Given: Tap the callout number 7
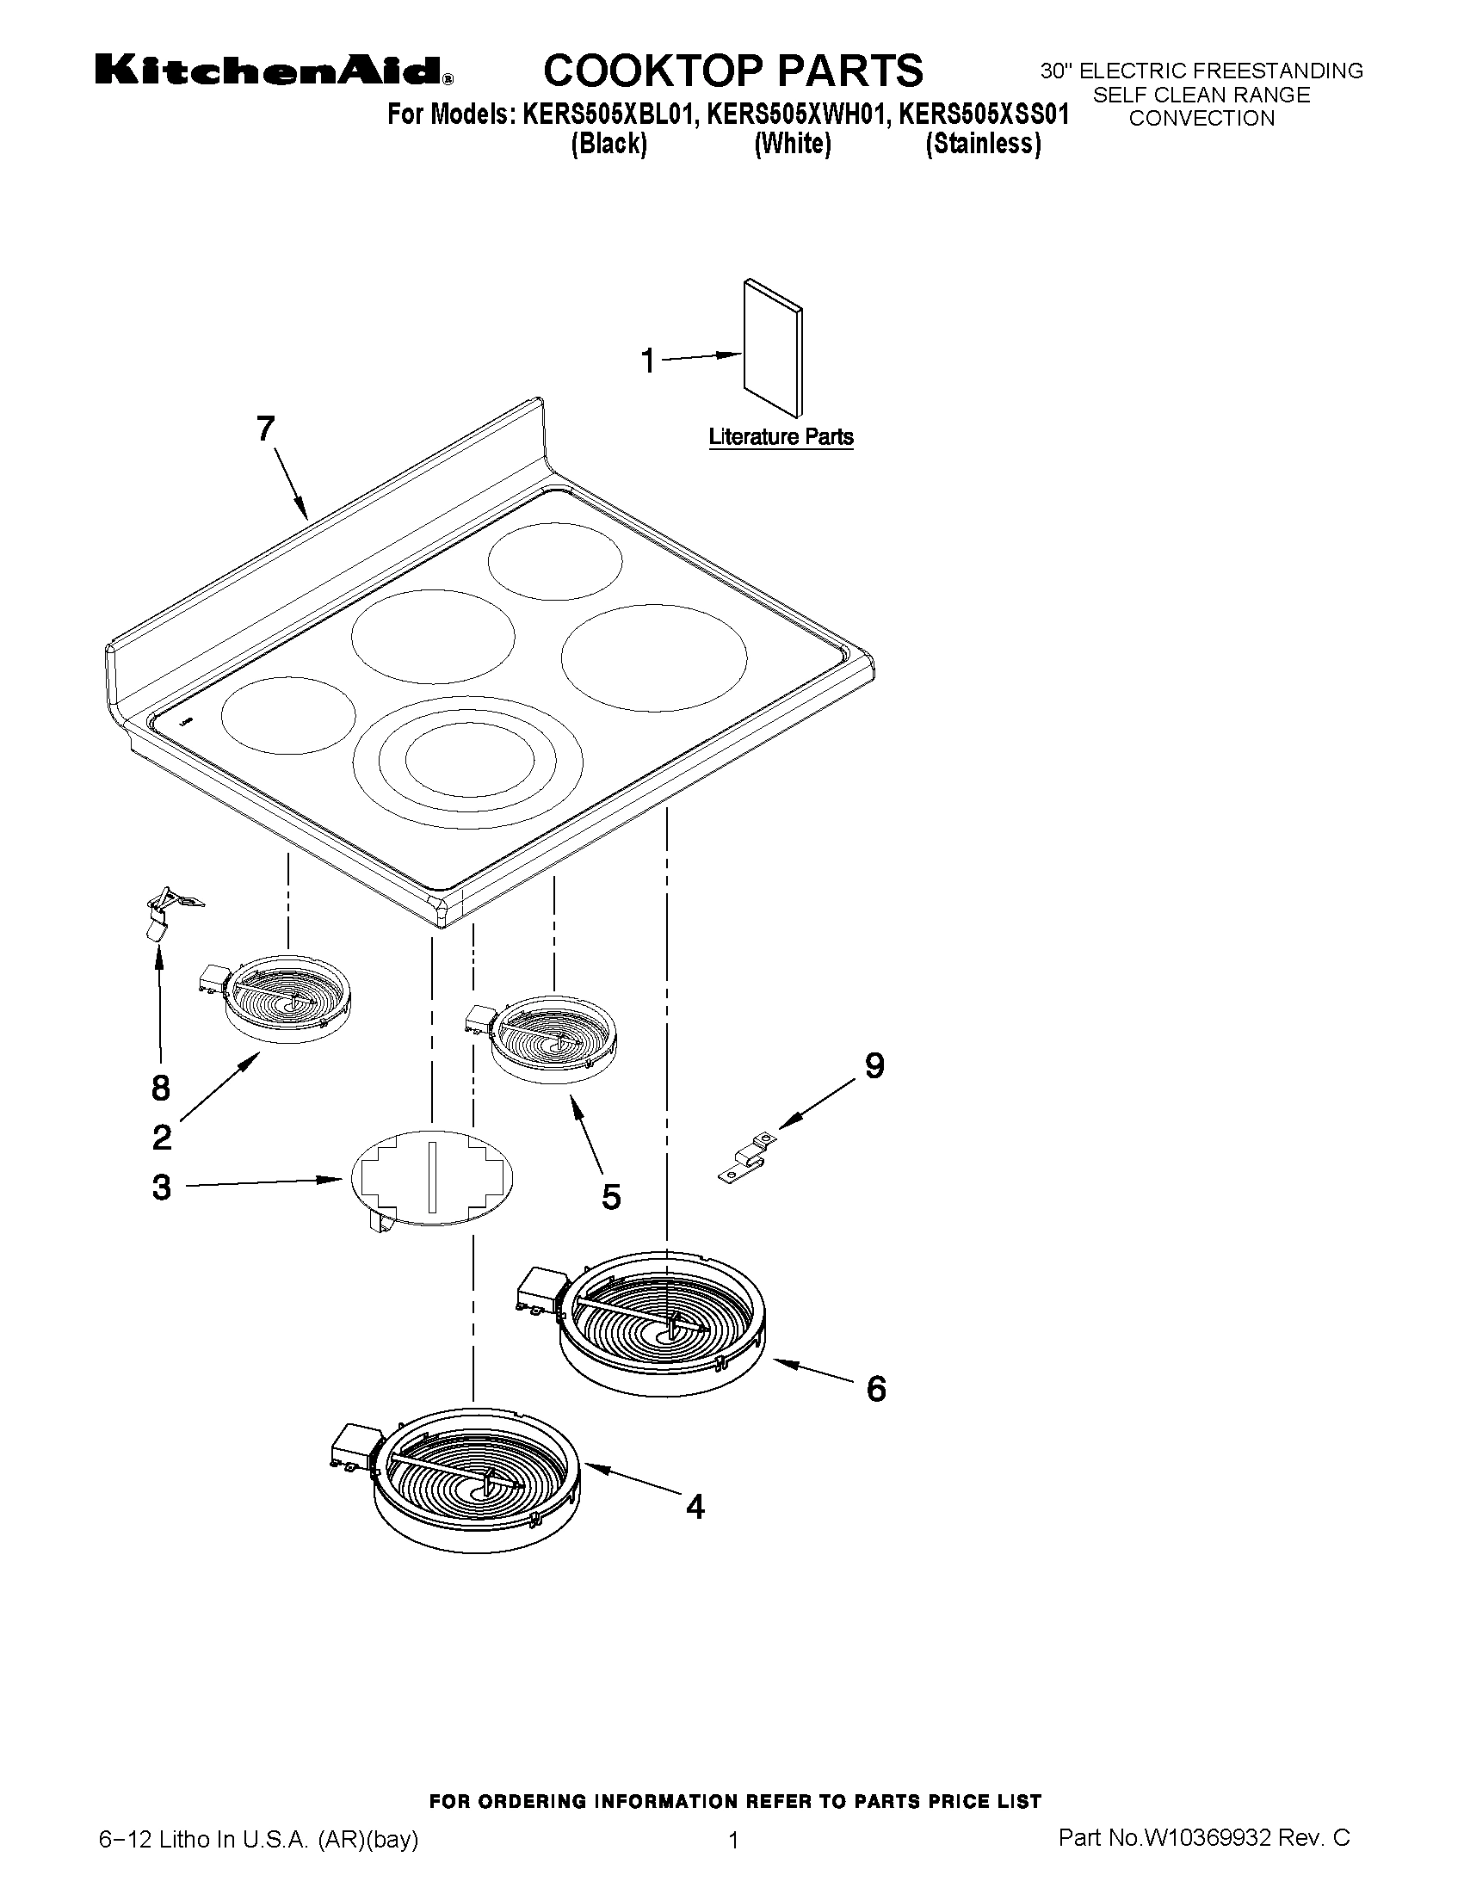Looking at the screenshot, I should pos(265,429).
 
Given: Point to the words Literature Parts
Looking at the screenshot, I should pos(781,437).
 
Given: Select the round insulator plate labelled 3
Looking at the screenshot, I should pos(432,1178).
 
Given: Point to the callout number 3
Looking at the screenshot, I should pos(161,1188).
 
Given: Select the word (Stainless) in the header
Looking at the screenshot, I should pos(983,143).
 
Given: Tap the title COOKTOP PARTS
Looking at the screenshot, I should pos(733,71).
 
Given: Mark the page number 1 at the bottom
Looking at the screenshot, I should pos(733,1840).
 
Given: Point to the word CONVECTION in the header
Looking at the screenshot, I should pos(1201,119).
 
